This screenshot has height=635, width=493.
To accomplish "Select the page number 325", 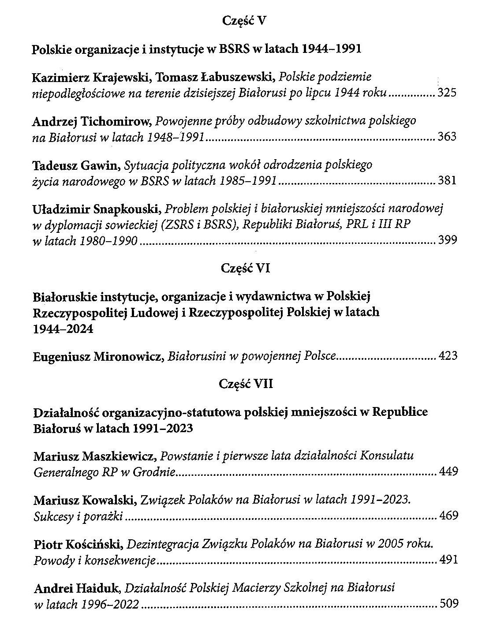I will click(x=447, y=93).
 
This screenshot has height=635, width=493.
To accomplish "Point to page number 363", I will click(x=447, y=137).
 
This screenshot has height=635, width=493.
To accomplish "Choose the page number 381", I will click(x=447, y=181).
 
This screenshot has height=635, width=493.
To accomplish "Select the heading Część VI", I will click(x=244, y=268).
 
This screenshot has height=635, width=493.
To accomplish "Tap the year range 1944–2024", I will click(x=63, y=329).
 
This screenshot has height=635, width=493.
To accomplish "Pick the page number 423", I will click(x=448, y=356).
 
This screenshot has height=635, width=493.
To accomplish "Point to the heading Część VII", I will click(x=246, y=384).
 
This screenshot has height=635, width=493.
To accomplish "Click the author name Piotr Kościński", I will click(x=78, y=545).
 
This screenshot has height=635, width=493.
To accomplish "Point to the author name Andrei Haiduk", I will click(x=78, y=588).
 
